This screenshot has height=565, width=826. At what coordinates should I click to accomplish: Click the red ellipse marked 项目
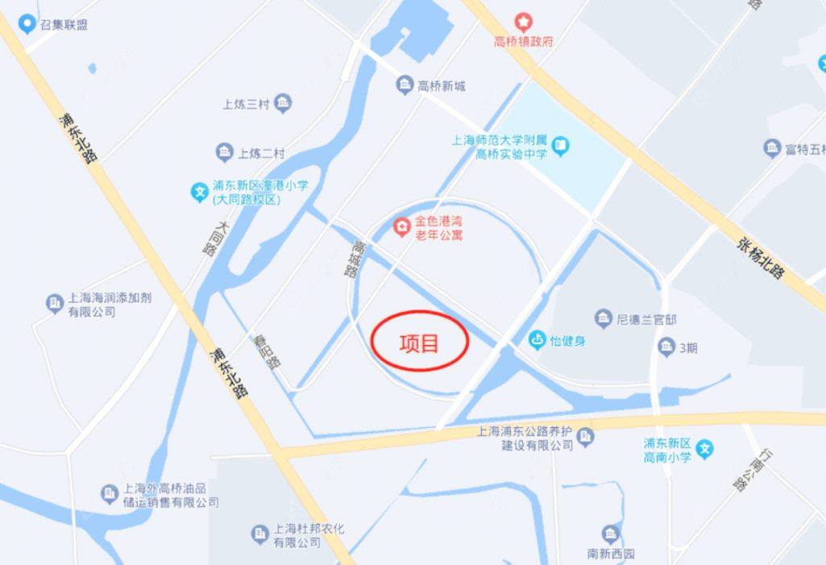point(420,342)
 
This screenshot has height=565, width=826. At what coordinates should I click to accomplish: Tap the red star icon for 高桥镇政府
point(524,21)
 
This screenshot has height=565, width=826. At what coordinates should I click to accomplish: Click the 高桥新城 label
point(441,85)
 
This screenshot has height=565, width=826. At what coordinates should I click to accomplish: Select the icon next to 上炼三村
point(283,102)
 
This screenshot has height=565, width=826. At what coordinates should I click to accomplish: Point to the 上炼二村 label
point(261,152)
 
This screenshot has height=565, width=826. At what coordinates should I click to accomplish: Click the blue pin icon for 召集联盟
point(27,24)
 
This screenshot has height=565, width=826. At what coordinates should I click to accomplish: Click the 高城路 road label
point(353,259)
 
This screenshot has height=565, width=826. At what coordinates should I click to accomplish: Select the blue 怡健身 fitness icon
point(537,340)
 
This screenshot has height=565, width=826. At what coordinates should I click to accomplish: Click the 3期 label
point(687,348)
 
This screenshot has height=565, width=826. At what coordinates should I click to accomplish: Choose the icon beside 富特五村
point(772,148)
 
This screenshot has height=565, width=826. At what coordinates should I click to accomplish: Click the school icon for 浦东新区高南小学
point(705,449)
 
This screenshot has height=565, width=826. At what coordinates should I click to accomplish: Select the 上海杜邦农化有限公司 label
point(309,535)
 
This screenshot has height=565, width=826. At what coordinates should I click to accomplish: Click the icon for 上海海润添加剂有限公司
point(54,303)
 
